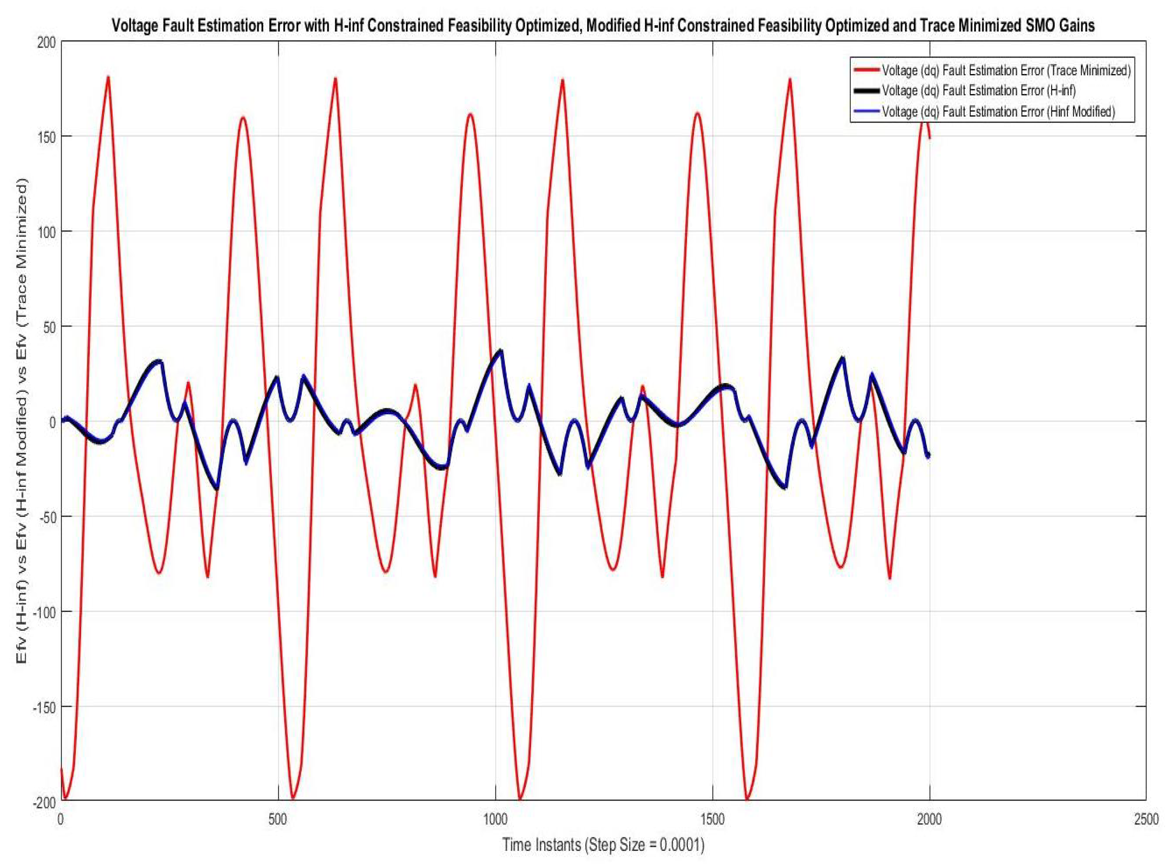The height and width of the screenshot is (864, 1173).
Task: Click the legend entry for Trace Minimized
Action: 1006,70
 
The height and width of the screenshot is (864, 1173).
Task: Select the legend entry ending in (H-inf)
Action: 978,91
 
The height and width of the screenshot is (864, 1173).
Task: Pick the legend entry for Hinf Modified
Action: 998,112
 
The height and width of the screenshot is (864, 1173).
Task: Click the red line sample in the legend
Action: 866,70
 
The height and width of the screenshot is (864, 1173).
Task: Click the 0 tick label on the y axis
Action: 52,422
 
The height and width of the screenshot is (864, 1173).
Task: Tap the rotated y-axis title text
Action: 22,422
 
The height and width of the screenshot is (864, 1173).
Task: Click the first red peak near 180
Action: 108,77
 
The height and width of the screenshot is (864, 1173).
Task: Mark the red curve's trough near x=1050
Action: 520,799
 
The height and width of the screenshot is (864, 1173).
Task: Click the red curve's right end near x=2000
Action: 929,138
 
